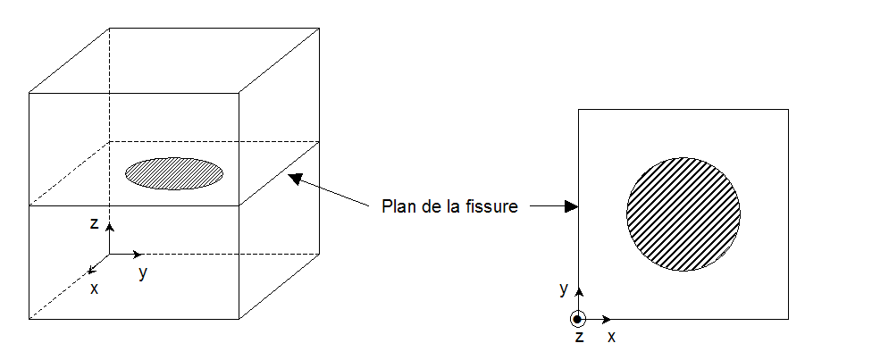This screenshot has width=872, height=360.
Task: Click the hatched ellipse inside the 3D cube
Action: (173, 173)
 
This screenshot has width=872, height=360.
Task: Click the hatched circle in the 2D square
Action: (683, 213)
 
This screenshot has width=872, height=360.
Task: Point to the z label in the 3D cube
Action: (94, 224)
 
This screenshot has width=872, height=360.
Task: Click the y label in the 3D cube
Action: (143, 273)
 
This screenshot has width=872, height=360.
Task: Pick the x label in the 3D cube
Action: (94, 288)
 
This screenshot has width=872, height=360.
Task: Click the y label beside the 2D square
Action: (564, 288)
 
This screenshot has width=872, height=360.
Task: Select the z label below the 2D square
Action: (579, 338)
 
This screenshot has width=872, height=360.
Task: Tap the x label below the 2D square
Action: (612, 337)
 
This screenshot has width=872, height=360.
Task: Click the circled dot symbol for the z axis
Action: (578, 319)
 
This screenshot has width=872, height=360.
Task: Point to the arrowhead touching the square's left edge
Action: (573, 206)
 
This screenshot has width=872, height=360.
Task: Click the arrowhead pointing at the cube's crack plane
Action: (294, 180)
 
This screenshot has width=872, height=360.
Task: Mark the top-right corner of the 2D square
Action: (788, 110)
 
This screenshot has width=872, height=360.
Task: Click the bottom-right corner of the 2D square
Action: (788, 319)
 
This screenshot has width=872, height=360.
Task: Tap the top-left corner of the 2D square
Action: (579, 110)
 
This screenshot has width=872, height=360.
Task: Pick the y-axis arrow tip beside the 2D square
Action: (579, 289)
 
